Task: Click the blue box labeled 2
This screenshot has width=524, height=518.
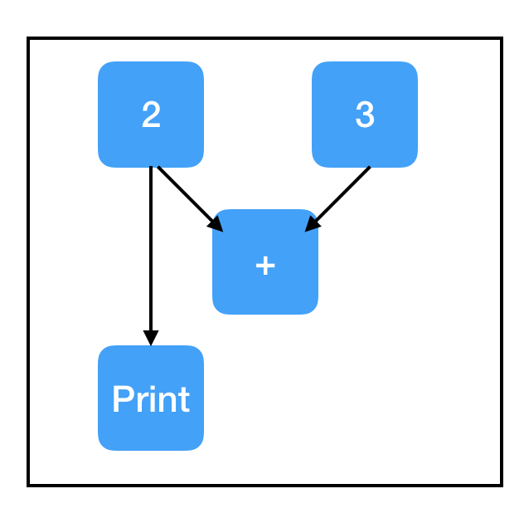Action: click(x=151, y=114)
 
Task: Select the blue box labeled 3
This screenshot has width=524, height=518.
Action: click(x=365, y=114)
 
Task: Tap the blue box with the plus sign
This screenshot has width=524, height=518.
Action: click(x=265, y=261)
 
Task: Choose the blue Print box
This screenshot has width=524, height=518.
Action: click(x=151, y=398)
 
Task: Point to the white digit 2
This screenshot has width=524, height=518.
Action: click(x=151, y=114)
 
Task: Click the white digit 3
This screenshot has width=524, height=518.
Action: click(x=365, y=114)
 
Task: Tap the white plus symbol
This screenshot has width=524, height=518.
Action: click(x=265, y=266)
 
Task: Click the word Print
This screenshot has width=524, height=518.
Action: click(x=152, y=398)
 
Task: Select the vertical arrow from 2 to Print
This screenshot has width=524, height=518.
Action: click(x=151, y=256)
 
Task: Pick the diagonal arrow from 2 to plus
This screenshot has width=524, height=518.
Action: click(x=190, y=198)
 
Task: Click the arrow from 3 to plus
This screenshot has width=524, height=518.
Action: click(x=337, y=198)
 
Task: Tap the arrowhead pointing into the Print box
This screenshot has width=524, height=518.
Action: click(x=151, y=338)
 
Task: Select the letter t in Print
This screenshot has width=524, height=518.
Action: click(x=185, y=399)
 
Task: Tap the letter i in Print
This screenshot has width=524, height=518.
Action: click(x=152, y=398)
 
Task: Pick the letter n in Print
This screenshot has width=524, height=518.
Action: click(x=167, y=403)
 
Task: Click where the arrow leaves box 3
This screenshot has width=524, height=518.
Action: click(x=370, y=167)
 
